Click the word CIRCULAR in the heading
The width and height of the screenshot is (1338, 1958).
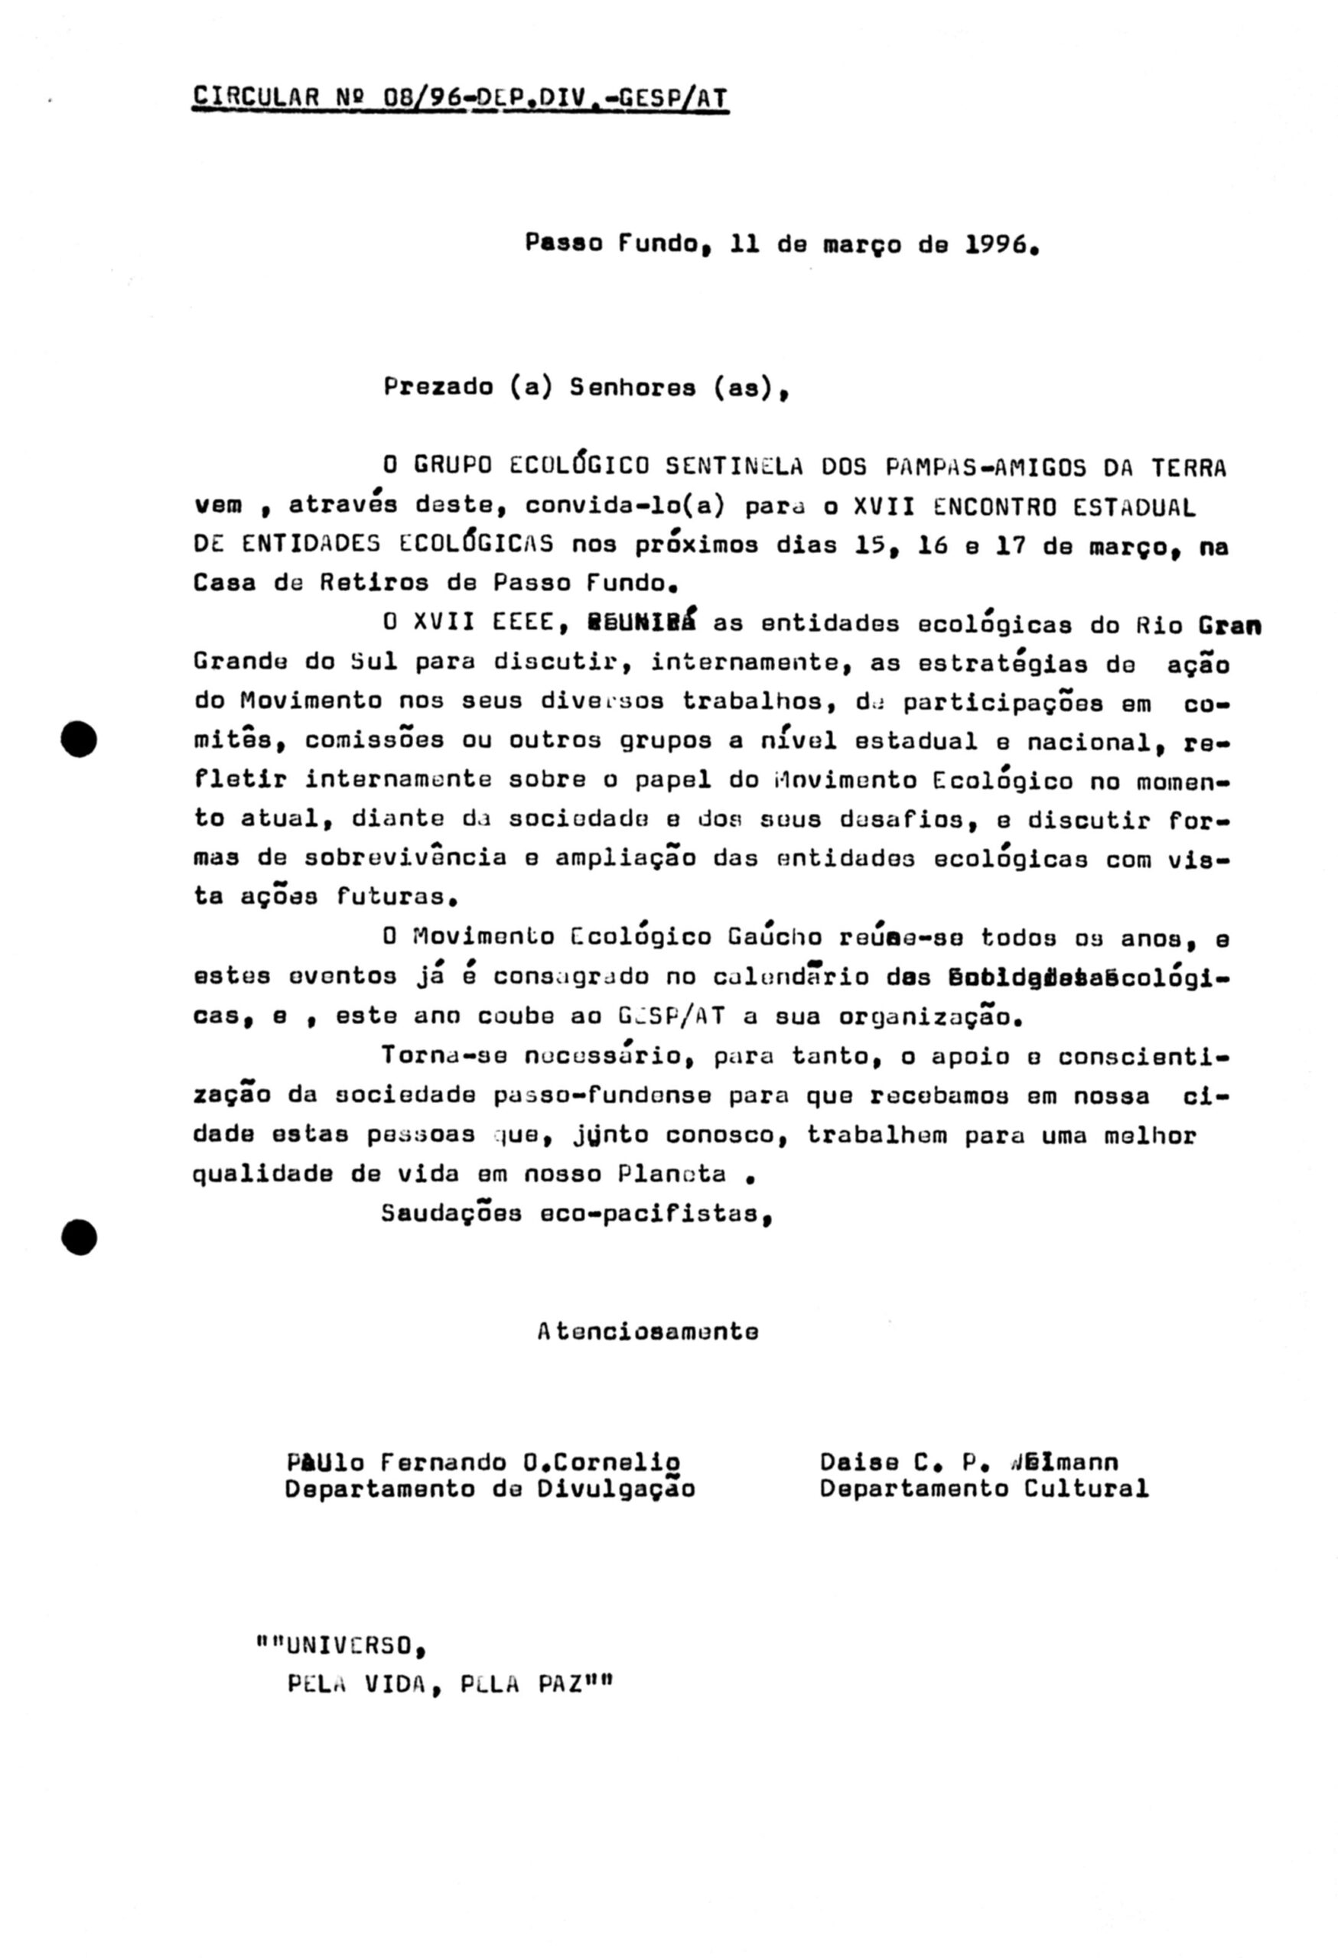[256, 98]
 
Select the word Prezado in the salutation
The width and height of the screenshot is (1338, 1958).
[438, 387]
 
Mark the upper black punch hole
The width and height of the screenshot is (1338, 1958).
[80, 739]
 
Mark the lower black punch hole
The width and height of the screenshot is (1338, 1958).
[80, 1238]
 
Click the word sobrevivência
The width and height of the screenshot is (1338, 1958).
[405, 857]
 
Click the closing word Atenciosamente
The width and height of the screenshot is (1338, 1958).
[648, 1331]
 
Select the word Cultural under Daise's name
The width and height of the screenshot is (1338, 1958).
[1086, 1488]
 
